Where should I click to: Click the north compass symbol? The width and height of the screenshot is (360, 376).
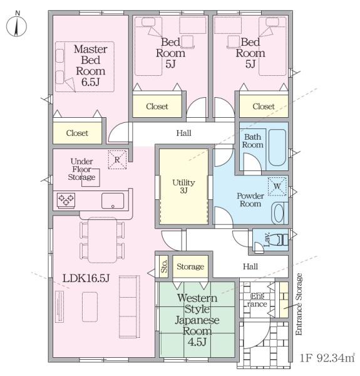16,26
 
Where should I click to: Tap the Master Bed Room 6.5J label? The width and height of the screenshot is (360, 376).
91,65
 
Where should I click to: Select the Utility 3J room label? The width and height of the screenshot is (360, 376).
183,186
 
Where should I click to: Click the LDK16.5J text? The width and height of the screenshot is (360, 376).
86,278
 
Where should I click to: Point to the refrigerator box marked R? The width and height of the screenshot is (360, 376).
117,160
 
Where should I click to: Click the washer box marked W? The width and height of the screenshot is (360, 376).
277,186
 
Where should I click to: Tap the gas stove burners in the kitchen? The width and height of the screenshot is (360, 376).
66,201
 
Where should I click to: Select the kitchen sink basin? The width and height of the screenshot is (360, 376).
113,201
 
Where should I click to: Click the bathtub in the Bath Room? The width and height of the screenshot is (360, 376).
277,147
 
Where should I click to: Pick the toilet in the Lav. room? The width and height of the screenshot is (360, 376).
282,240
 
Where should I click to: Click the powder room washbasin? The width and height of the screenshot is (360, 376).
279,213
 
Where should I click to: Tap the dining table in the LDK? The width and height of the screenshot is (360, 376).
102,240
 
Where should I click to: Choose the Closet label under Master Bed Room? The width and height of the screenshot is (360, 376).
77,133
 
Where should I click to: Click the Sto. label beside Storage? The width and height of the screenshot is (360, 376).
164,266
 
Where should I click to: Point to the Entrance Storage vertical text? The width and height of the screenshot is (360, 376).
299,304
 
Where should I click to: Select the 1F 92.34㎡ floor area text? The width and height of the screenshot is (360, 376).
327,358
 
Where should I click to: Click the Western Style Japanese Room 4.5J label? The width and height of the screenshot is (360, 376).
197,320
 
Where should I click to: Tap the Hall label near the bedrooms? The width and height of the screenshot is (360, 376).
183,133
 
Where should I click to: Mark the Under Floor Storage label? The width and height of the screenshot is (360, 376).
81,169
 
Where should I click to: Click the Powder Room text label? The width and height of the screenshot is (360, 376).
250,200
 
